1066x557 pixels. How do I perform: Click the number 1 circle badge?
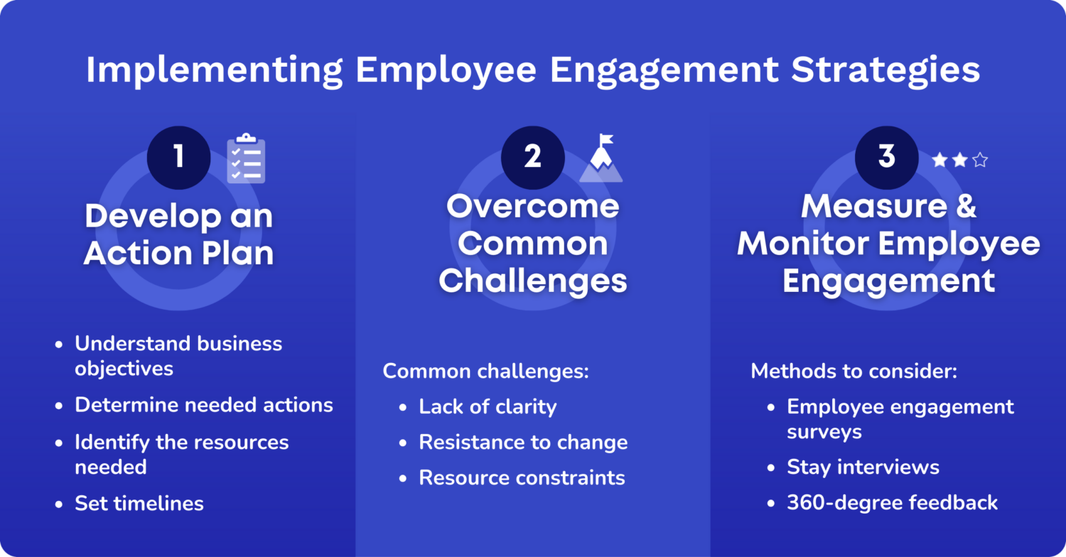(x=178, y=158)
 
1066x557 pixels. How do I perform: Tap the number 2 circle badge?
(x=532, y=158)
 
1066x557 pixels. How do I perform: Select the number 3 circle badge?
(x=886, y=158)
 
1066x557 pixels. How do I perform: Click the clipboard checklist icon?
(x=246, y=158)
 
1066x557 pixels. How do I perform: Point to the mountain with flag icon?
(x=601, y=159)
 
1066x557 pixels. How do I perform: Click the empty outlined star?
(x=980, y=161)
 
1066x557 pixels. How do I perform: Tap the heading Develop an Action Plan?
(x=178, y=235)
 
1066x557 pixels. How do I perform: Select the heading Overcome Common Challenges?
(x=532, y=244)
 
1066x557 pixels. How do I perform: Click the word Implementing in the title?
(x=214, y=70)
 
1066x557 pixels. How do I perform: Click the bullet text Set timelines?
(x=139, y=504)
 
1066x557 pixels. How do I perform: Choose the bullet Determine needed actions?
(x=204, y=405)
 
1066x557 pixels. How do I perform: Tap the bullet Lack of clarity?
(x=488, y=406)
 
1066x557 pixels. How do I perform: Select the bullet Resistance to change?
(x=523, y=442)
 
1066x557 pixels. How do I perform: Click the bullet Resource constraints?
(x=522, y=477)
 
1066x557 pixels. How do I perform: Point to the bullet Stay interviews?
(x=863, y=467)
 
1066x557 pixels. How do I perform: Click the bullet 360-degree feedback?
(x=892, y=502)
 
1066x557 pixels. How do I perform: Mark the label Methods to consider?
(x=854, y=371)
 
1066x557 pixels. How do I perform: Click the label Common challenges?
(x=486, y=371)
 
